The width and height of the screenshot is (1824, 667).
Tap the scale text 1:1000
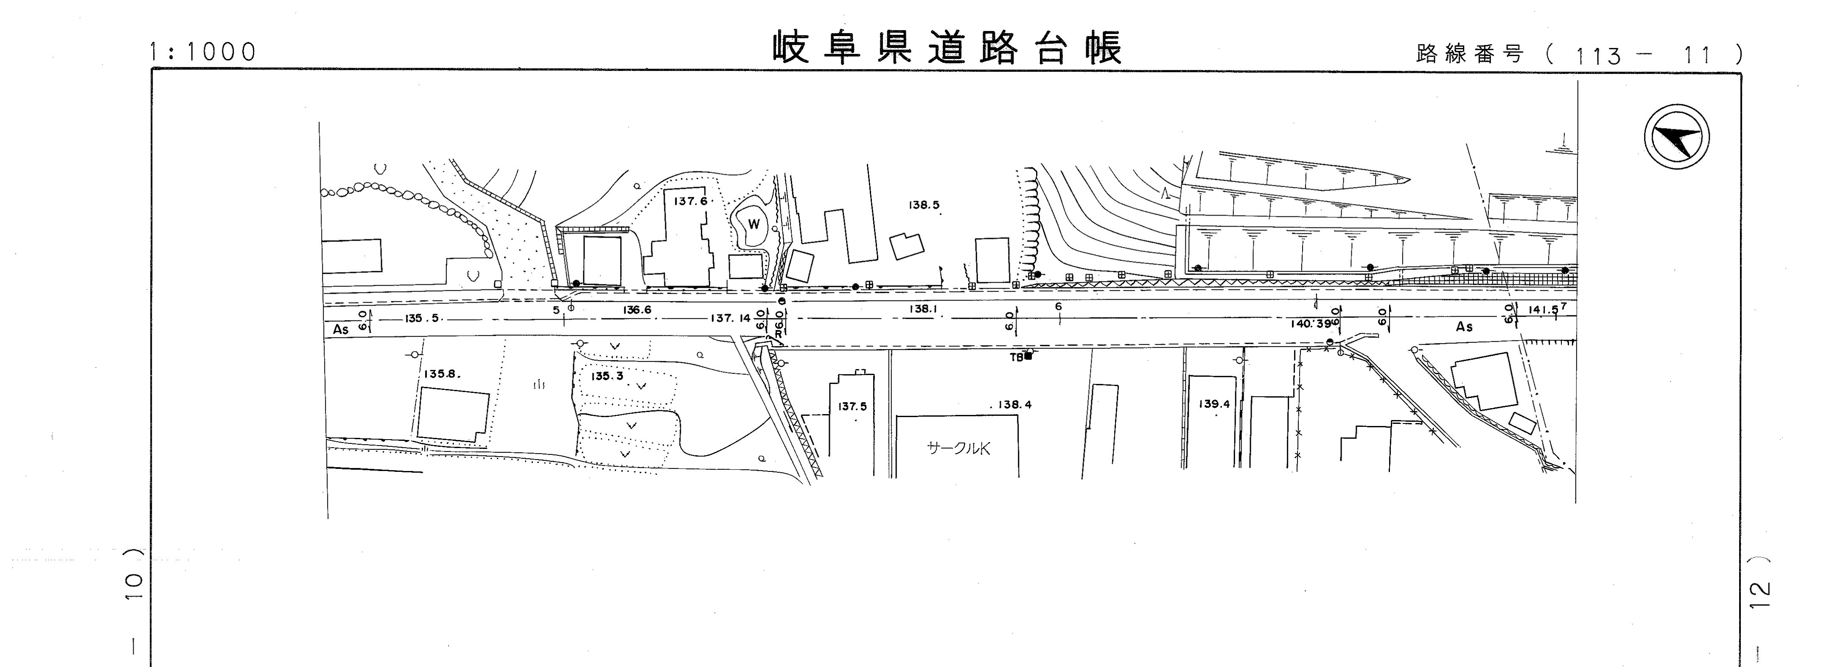pyautogui.click(x=202, y=52)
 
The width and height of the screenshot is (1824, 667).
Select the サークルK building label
pyautogui.click(x=958, y=448)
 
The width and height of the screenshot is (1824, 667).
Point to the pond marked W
pyautogui.click(x=754, y=224)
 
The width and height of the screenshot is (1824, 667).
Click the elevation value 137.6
pyautogui.click(x=690, y=201)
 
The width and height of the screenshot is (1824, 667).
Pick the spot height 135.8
pyautogui.click(x=442, y=374)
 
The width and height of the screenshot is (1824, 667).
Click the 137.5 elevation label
pyautogui.click(x=852, y=406)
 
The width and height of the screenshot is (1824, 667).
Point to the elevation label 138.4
pyautogui.click(x=1014, y=405)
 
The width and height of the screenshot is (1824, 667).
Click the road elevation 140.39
pyautogui.click(x=1309, y=324)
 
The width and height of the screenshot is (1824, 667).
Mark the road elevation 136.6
pyautogui.click(x=637, y=309)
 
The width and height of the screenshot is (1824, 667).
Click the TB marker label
pyautogui.click(x=1016, y=358)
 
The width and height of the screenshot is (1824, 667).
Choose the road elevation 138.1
pyautogui.click(x=923, y=309)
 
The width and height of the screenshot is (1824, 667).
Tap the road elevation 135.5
pyautogui.click(x=422, y=319)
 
